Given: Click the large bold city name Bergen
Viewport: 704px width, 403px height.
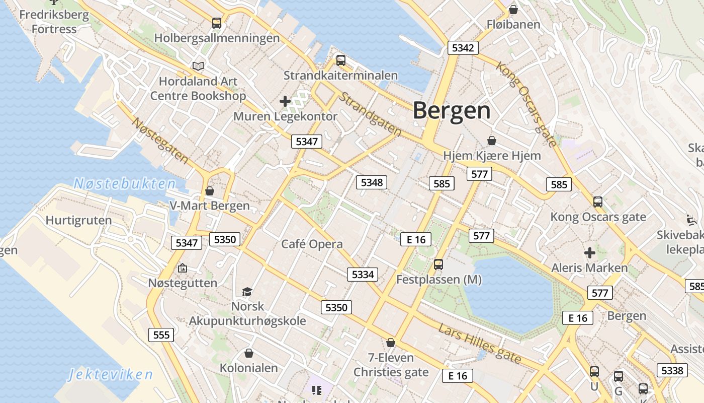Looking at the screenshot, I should pos(452,111).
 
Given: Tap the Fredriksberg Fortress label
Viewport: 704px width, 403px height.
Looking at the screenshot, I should pos(54,22).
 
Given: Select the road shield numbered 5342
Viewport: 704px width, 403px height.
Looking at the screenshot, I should pos(463,48).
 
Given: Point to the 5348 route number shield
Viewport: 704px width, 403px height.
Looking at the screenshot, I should pos(372,182).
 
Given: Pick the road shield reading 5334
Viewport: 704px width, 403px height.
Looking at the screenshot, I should pos(363,275).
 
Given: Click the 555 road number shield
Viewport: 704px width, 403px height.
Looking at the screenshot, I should pos(161,335).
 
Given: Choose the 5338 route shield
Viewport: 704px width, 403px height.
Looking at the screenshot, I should pos(672,371).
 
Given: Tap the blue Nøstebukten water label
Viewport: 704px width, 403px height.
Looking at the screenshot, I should pos(125,184).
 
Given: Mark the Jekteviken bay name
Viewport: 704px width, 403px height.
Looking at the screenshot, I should pos(110,374).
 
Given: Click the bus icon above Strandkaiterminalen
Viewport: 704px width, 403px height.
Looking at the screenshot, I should pos(341,60).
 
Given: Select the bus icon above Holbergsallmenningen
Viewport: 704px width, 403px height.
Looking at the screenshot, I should pos(217,23).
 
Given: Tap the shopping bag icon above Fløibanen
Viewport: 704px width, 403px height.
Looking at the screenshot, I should pos(513,9).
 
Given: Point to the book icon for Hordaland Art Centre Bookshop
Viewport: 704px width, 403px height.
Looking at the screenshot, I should pos(198,66).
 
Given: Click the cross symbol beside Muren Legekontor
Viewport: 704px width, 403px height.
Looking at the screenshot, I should pos(285,101).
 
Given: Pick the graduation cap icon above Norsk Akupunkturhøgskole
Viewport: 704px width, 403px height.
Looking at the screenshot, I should pos(247,292).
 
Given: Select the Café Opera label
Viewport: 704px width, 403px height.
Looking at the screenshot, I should pos(312,244).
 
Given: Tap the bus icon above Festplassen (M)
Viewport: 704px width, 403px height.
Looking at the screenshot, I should pos(438,264).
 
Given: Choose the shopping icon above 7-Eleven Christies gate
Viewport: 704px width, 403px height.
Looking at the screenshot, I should pos(391,343).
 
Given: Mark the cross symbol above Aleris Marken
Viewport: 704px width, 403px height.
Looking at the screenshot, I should pos(589,252).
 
